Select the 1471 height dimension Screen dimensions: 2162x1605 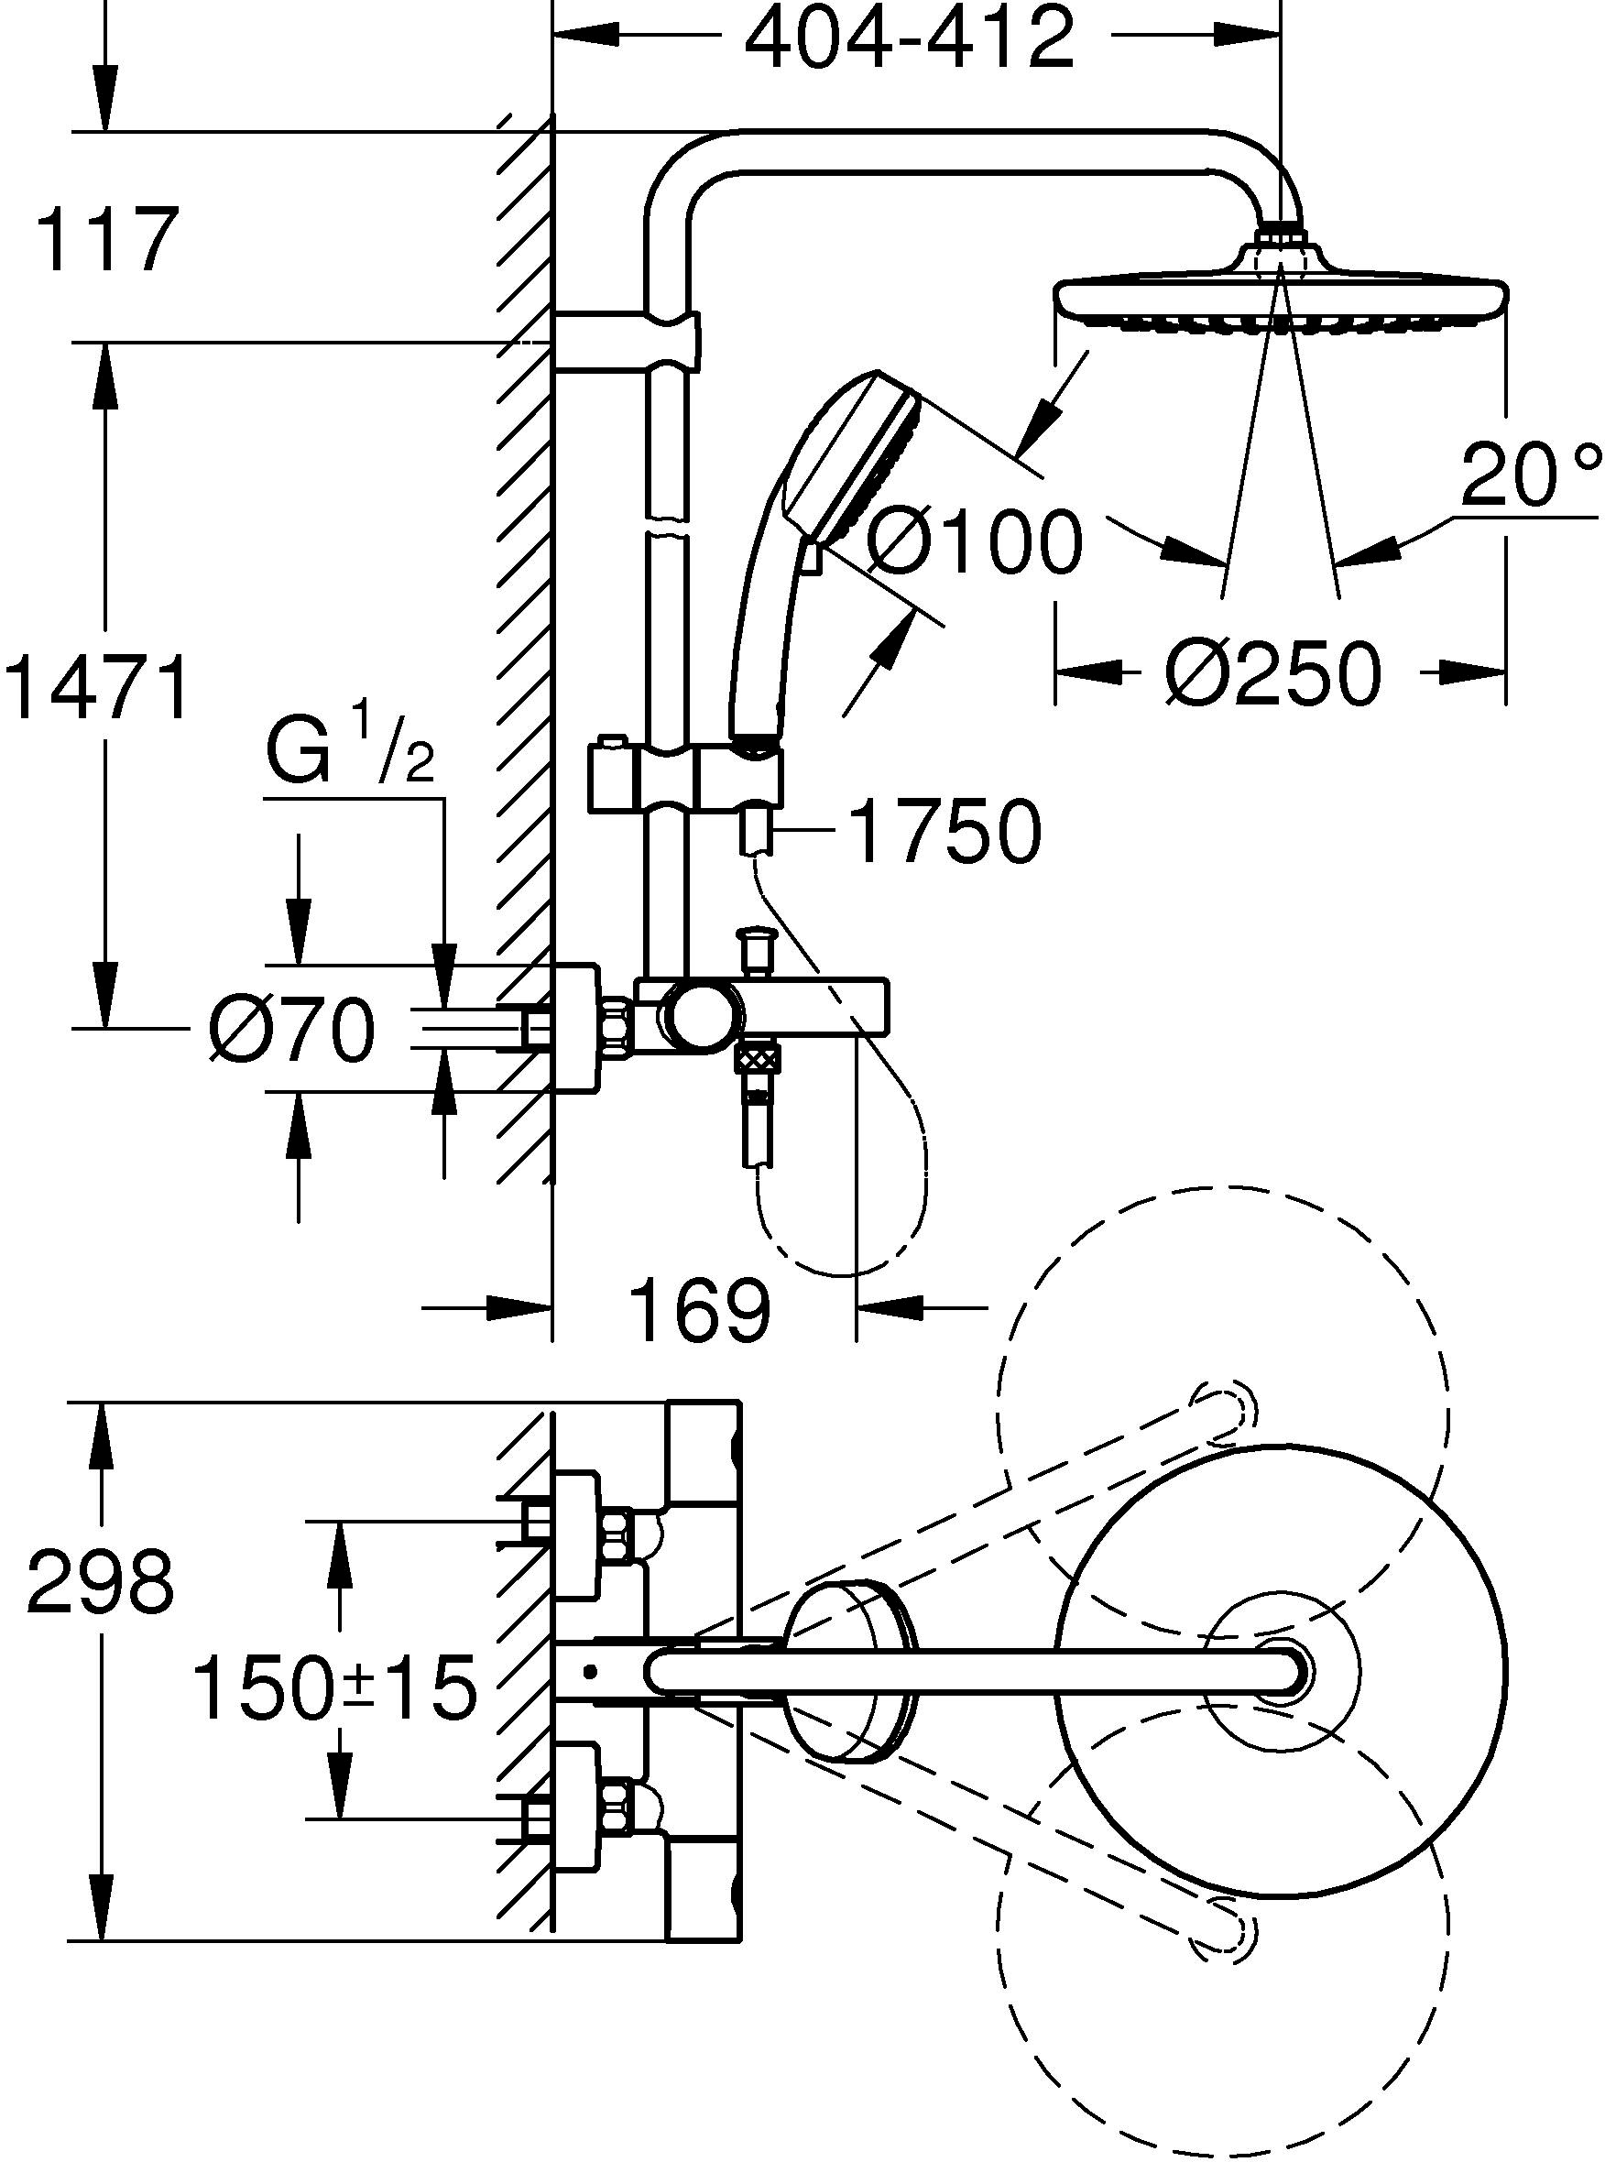point(97,688)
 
